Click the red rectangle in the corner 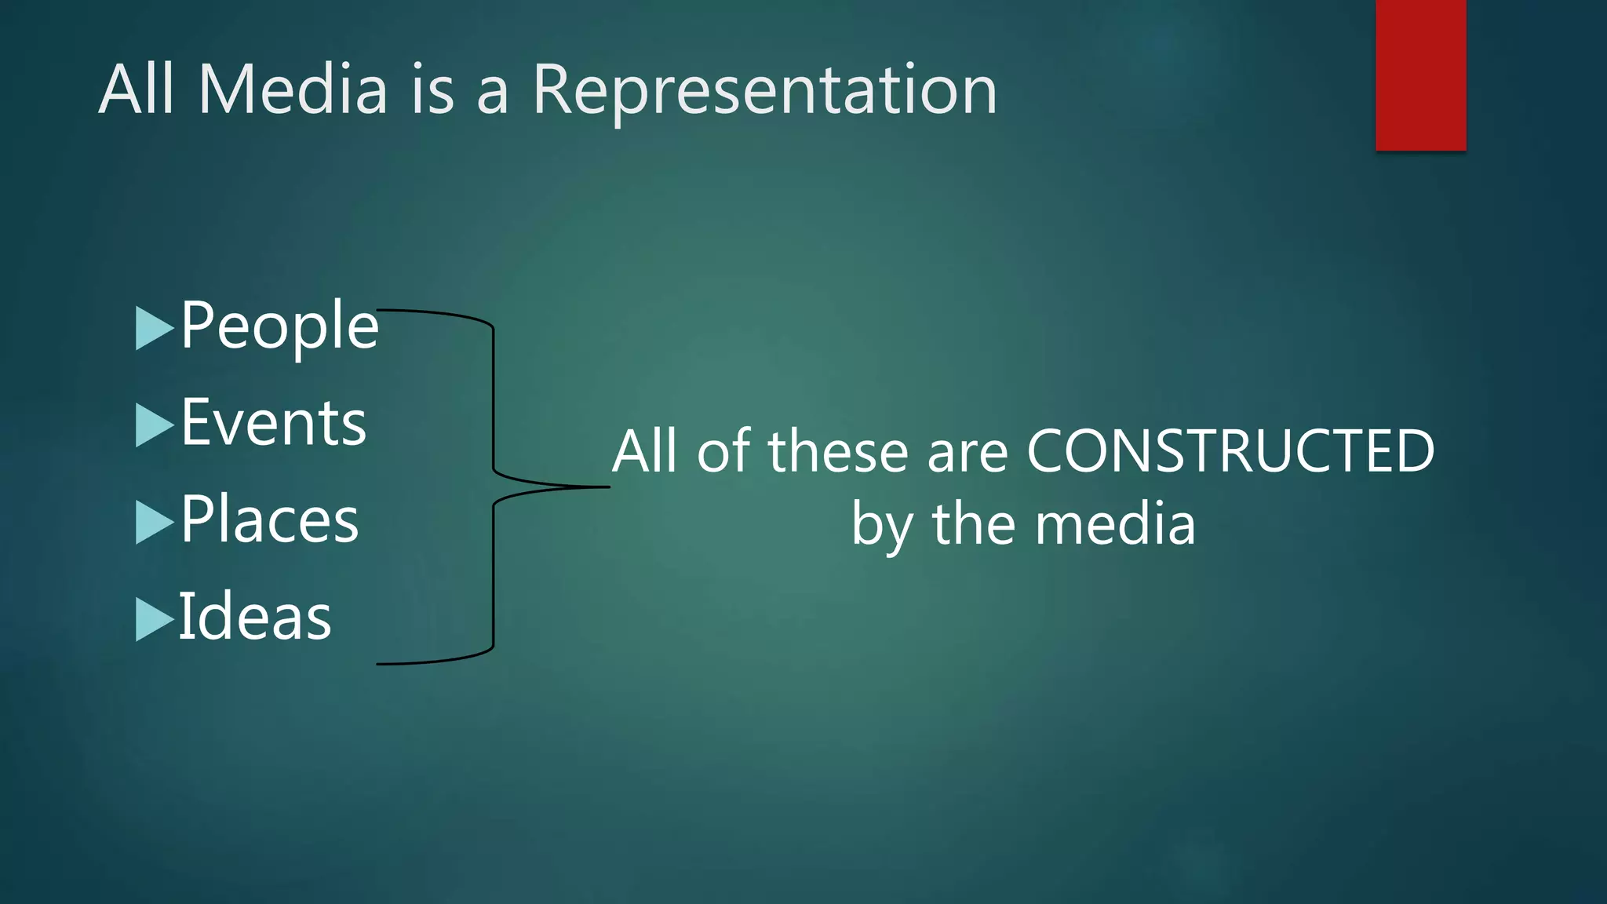(1420, 75)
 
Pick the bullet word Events (273, 423)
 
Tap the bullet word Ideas (255, 618)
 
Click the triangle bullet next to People (154, 328)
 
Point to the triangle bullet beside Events (154, 425)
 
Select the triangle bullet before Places (154, 522)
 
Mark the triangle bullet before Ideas (154, 619)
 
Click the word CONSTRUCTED (1230, 452)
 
